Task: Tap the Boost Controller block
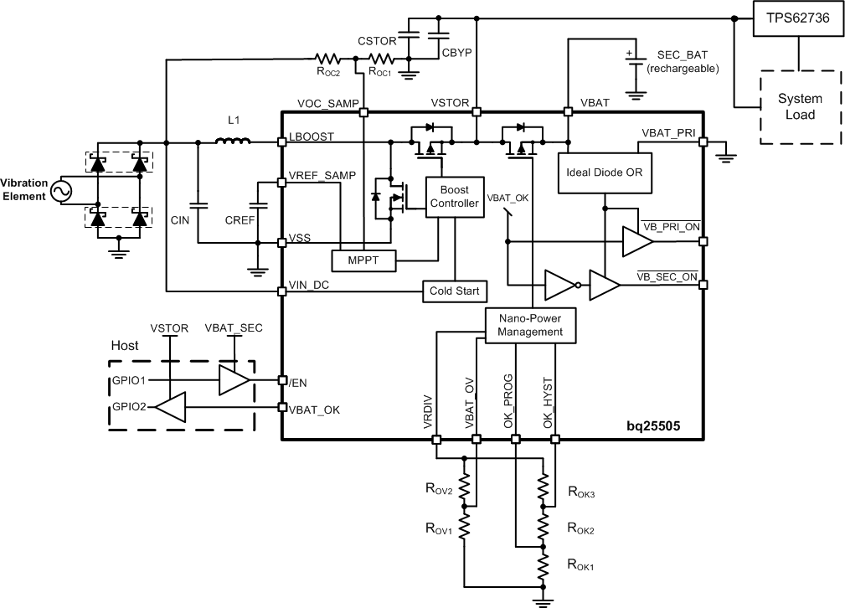pos(454,197)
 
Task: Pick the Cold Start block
pos(454,291)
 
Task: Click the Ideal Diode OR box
pos(604,173)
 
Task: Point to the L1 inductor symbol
pos(234,142)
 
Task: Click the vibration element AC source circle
pos(61,192)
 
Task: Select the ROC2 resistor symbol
pos(327,59)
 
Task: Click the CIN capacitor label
pos(181,221)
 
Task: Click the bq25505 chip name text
pos(652,425)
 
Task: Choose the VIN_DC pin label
pos(307,285)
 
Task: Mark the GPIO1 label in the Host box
pos(131,379)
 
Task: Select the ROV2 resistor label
pos(439,490)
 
